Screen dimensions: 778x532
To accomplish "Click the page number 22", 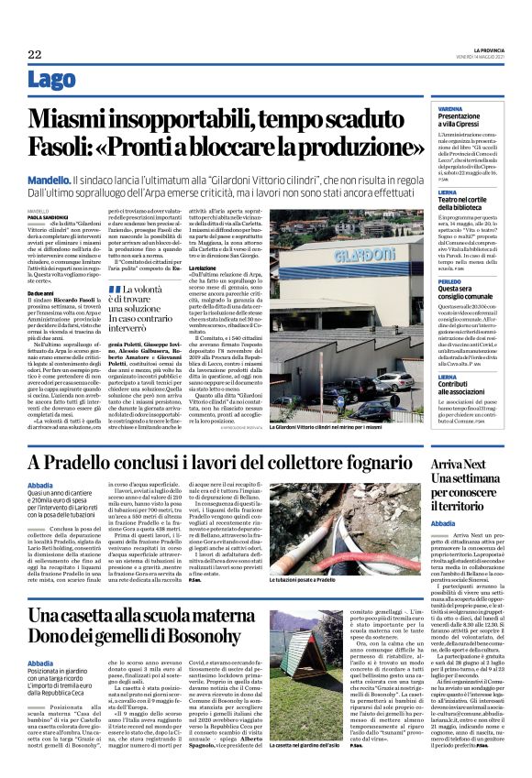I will coord(35,55).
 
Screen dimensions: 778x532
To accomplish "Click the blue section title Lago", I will coord(53,81).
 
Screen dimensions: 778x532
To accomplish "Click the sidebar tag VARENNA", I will coord(449,108).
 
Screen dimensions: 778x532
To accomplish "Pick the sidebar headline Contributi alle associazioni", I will coord(467,389).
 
